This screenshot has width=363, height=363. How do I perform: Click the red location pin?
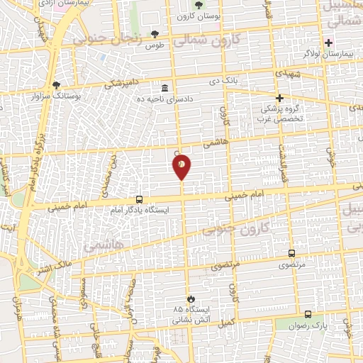pos(181,167)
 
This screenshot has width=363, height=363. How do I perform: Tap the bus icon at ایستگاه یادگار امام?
pos(139,200)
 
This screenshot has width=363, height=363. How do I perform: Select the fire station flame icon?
pos(189,298)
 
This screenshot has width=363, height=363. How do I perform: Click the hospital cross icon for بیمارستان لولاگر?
pos(328,43)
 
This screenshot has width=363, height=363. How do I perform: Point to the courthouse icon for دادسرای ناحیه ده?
pos(165,88)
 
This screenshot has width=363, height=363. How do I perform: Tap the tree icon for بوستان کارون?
pos(198,6)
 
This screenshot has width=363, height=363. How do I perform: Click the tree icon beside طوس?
pos(155,35)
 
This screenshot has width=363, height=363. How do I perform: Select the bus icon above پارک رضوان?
pos(308,313)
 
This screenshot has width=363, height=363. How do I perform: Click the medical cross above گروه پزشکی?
pos(280,98)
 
